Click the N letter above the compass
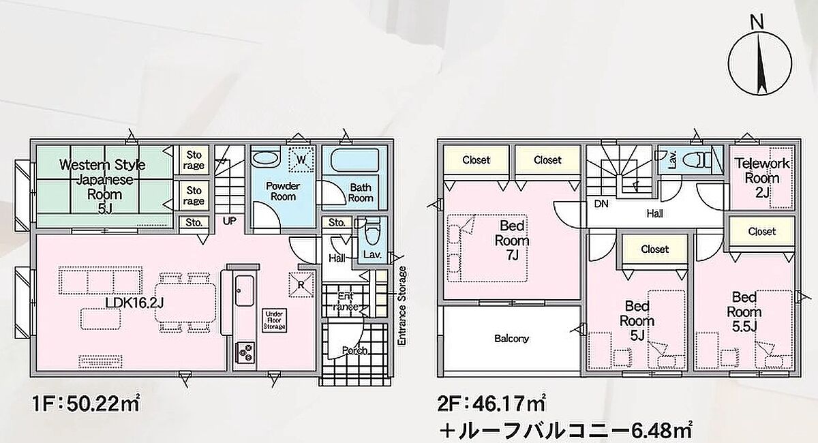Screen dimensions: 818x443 tap(758, 23)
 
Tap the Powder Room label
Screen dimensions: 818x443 tap(283, 192)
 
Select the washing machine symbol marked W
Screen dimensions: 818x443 tap(301, 159)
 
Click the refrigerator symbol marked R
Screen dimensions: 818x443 tap(301, 284)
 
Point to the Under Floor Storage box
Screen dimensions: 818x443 tap(274, 320)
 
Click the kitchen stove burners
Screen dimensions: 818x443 tap(245, 351)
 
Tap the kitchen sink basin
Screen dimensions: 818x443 tap(245, 290)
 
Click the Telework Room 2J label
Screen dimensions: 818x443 tap(762, 178)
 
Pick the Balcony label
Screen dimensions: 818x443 tap(511, 339)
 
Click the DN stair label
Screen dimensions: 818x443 tap(601, 204)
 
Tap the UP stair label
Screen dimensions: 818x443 tap(230, 221)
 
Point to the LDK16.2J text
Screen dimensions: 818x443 tap(134, 303)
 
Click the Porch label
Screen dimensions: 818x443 tap(354, 350)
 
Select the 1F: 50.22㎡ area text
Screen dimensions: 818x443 tap(86, 404)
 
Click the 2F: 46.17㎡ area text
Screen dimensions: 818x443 tap(492, 404)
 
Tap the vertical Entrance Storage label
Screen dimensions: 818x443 tap(402, 305)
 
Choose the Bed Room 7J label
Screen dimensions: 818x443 tap(512, 241)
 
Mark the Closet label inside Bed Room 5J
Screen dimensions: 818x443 tap(655, 249)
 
